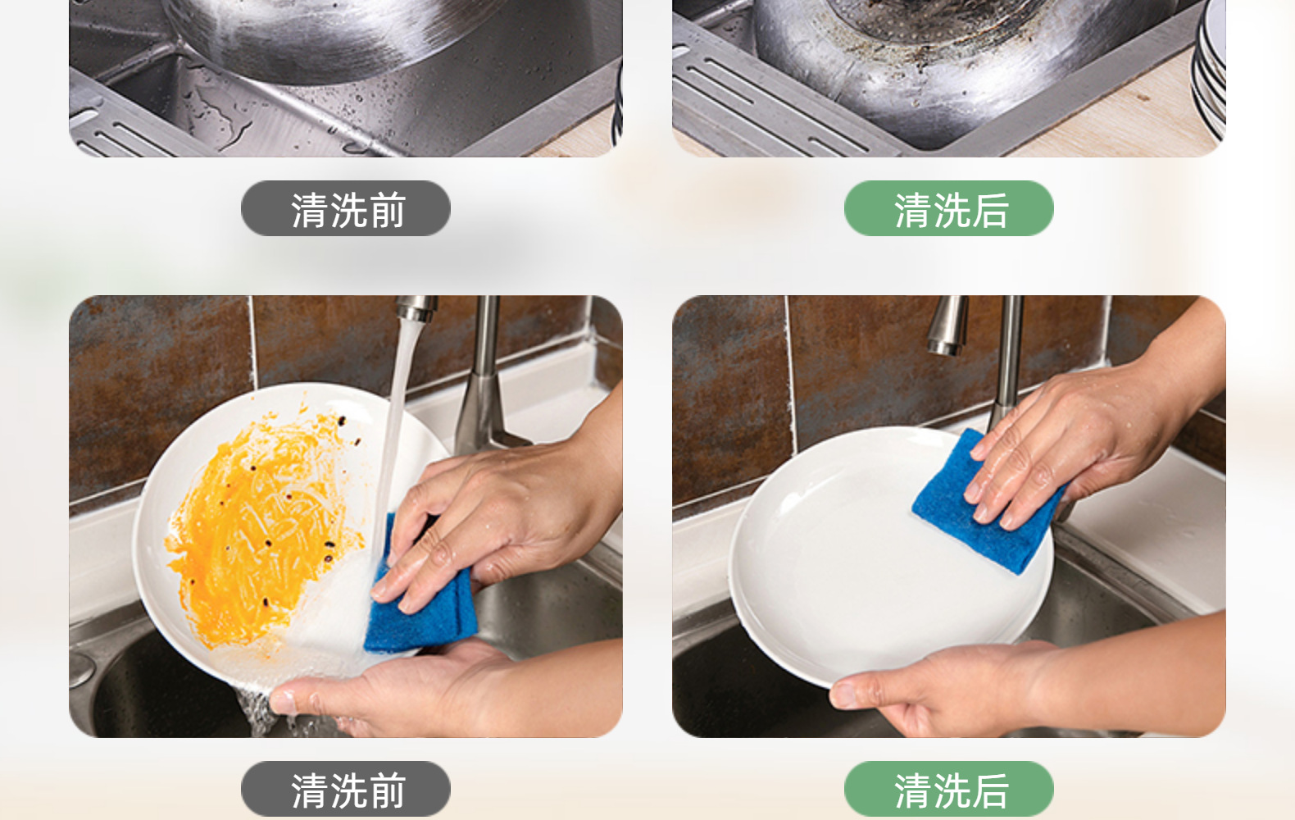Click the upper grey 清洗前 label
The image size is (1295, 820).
(x=345, y=209)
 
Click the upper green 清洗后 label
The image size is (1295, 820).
(x=948, y=209)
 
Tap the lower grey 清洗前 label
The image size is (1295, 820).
(x=345, y=790)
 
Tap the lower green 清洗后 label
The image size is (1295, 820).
(x=948, y=790)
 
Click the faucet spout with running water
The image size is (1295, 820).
(x=417, y=310)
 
